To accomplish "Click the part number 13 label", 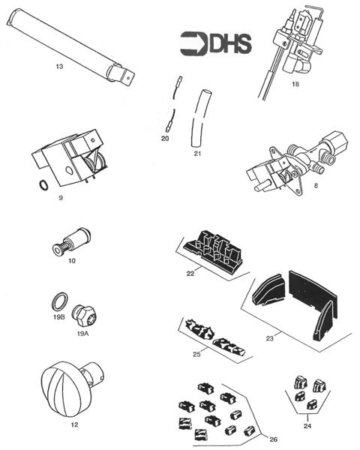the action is pyautogui.click(x=59, y=67).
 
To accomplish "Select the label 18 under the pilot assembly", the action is pyautogui.click(x=295, y=84).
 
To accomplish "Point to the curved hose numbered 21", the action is pyautogui.click(x=199, y=118).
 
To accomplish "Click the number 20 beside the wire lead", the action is pyautogui.click(x=165, y=139).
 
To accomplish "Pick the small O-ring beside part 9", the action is pyautogui.click(x=43, y=185).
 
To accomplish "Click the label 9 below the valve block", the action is pyautogui.click(x=61, y=198).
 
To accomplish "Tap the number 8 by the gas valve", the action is pyautogui.click(x=316, y=185).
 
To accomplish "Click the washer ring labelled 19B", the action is pyautogui.click(x=60, y=301).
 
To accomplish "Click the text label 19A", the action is pyautogui.click(x=83, y=334).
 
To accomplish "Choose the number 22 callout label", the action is pyautogui.click(x=190, y=274).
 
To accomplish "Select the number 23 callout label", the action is pyautogui.click(x=269, y=338).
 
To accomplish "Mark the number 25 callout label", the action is pyautogui.click(x=196, y=354).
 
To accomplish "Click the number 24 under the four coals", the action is pyautogui.click(x=307, y=426).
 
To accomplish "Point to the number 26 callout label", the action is pyautogui.click(x=274, y=439).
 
